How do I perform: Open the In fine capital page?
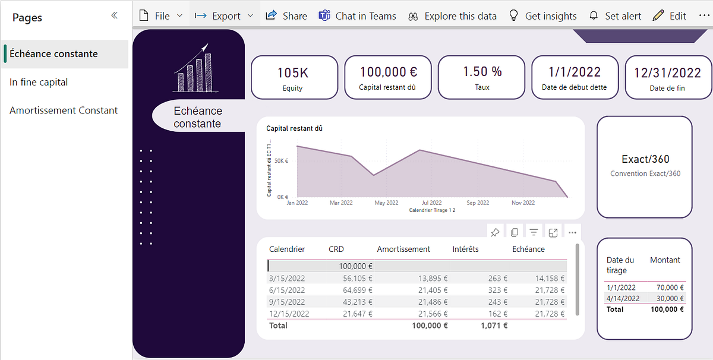pos(39,82)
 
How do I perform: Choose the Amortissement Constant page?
pos(64,110)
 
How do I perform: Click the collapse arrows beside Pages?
pos(115,16)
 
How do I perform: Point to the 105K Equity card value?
pos(293,72)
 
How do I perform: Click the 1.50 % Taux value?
pos(482,71)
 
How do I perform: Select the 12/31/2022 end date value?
pos(667,72)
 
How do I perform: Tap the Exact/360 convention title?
pos(645,159)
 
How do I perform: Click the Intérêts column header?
pos(465,249)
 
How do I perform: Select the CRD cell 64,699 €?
pos(355,290)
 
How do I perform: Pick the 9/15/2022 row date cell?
pos(288,302)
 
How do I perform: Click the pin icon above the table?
pos(494,232)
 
